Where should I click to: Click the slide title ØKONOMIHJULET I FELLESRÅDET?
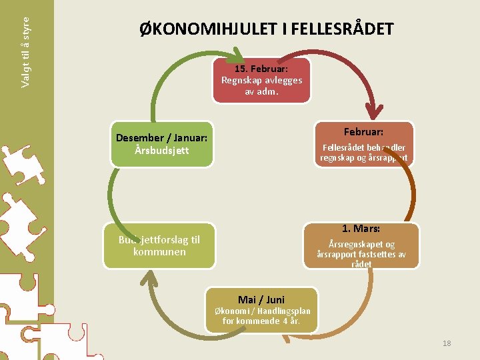267,30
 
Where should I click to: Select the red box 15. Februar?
261,80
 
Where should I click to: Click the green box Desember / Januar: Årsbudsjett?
161,143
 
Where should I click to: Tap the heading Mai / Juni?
261,299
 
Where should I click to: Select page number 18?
447,343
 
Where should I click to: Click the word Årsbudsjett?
161,151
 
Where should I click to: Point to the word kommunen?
159,252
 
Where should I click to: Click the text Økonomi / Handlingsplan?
262,311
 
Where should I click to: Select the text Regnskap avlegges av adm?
261,86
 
